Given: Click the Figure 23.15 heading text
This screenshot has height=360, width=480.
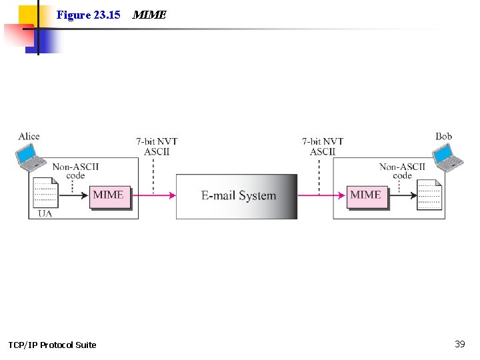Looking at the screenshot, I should tap(88, 14).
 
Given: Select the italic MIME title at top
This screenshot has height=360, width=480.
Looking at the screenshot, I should tap(149, 14).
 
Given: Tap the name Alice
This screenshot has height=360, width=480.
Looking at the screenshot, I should tap(29, 137).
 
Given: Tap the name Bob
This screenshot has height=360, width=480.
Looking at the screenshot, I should tap(443, 137).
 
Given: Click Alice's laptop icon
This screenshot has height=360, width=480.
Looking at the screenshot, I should tap(30, 157).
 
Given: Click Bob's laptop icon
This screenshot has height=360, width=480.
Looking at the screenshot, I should tap(447, 157).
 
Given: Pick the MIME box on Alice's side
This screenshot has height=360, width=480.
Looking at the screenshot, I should tap(109, 195).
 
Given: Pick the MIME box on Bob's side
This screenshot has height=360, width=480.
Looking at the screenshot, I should tap(366, 195).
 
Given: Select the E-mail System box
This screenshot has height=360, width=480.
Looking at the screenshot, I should tap(237, 196).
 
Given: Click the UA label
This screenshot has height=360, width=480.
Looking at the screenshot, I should tap(45, 213).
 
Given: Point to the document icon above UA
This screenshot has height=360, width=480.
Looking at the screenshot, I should tap(45, 194).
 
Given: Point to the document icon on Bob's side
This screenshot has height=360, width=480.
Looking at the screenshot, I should tap(429, 195).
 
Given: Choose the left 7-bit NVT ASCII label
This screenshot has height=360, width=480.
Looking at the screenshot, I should tap(157, 146).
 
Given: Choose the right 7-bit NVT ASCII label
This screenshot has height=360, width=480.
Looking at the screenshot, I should tap(323, 146).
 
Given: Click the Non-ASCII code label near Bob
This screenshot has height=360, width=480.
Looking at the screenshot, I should tap(402, 171).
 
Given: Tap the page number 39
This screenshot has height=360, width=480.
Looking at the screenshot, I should tap(459, 344).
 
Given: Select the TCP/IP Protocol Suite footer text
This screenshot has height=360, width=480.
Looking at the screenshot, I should tap(52, 345).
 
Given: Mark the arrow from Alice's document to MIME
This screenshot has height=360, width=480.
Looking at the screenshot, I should tap(73, 195).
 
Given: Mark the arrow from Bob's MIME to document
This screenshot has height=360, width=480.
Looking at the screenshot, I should tap(402, 195).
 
